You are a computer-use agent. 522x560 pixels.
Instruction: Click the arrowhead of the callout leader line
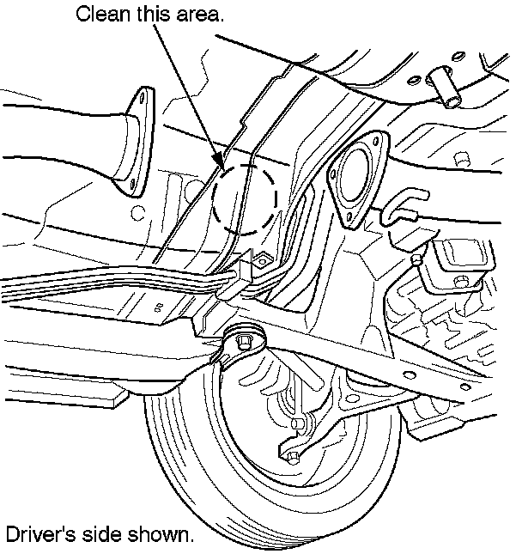click(x=222, y=165)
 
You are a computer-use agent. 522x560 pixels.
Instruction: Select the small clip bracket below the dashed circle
click(x=257, y=259)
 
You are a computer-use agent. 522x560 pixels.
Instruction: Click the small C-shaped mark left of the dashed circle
click(x=161, y=306)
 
